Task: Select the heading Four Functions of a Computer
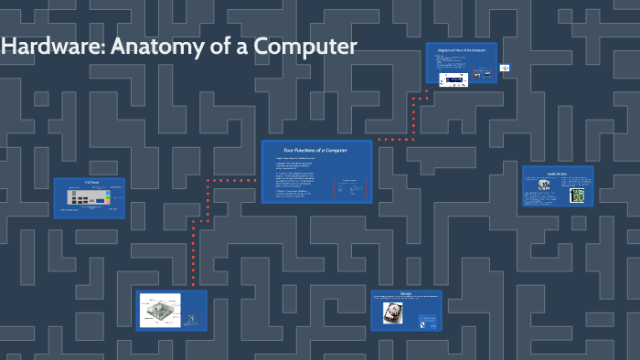point(315,150)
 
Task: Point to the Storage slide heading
point(406,294)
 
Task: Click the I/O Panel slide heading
point(90,183)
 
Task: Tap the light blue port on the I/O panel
point(108,194)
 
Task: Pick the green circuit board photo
point(577,196)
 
